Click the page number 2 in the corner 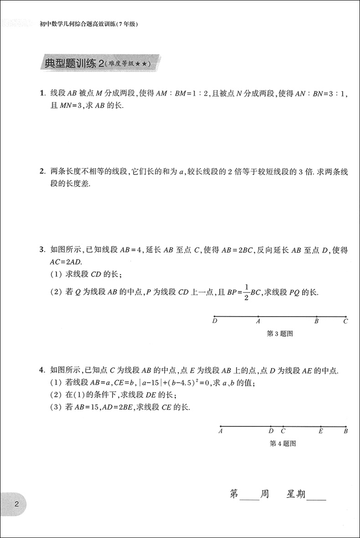click(16, 504)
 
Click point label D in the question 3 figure click(215, 321)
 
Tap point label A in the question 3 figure click(258, 321)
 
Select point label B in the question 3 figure click(316, 321)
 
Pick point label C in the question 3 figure click(346, 321)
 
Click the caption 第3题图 click(279, 333)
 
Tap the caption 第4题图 click(283, 443)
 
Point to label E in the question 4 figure click(321, 431)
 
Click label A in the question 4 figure click(221, 431)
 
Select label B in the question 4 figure click(346, 431)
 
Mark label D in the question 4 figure click(271, 431)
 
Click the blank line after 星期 click(317, 498)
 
